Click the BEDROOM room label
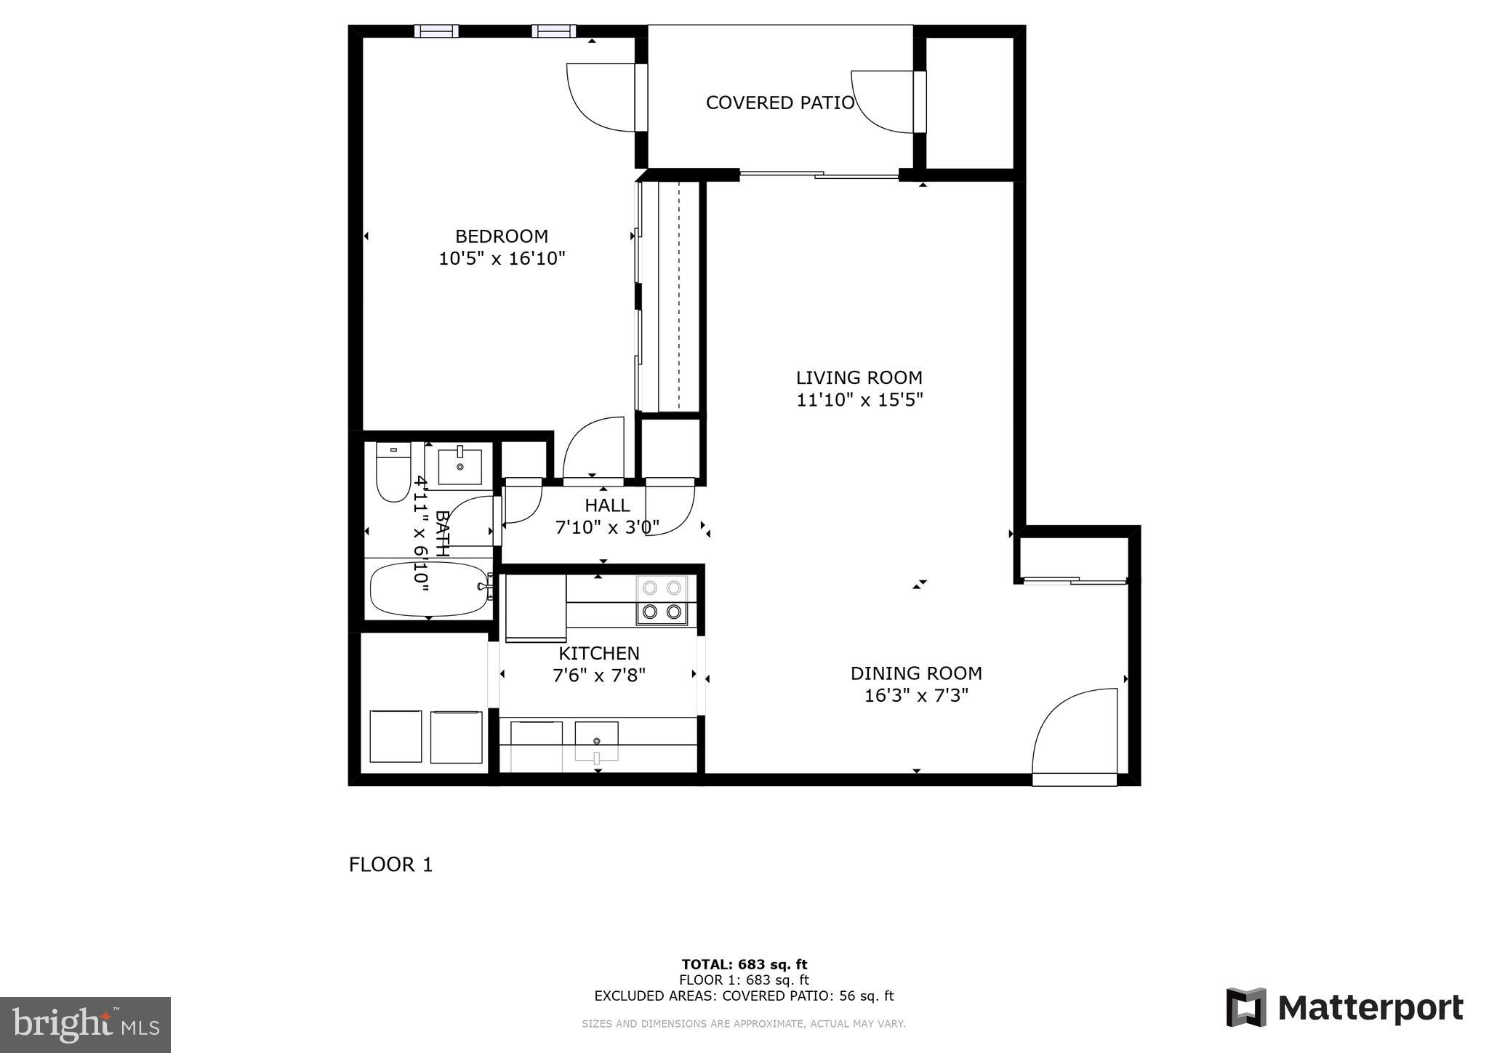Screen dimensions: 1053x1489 (501, 236)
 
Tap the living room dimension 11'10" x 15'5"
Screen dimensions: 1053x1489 (859, 400)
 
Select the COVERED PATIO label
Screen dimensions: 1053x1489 (779, 103)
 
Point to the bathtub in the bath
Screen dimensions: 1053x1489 (429, 589)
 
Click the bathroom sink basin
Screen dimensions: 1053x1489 (459, 467)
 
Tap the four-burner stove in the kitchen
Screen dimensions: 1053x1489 (662, 600)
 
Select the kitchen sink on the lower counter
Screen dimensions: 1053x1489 (596, 740)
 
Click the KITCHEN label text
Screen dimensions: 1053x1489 (599, 653)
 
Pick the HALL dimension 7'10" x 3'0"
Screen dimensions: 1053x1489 (607, 527)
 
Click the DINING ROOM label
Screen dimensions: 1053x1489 (915, 673)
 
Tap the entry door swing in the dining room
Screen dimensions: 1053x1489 (1076, 734)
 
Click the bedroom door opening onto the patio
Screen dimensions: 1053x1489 (603, 98)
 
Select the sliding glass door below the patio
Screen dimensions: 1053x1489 (819, 175)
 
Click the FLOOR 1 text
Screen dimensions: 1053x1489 (390, 865)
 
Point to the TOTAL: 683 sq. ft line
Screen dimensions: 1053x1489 (744, 965)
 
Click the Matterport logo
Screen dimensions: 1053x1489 (1344, 1008)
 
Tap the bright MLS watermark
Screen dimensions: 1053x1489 (85, 1025)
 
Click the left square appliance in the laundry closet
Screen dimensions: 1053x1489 (396, 737)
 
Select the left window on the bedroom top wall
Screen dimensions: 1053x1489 (436, 31)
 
